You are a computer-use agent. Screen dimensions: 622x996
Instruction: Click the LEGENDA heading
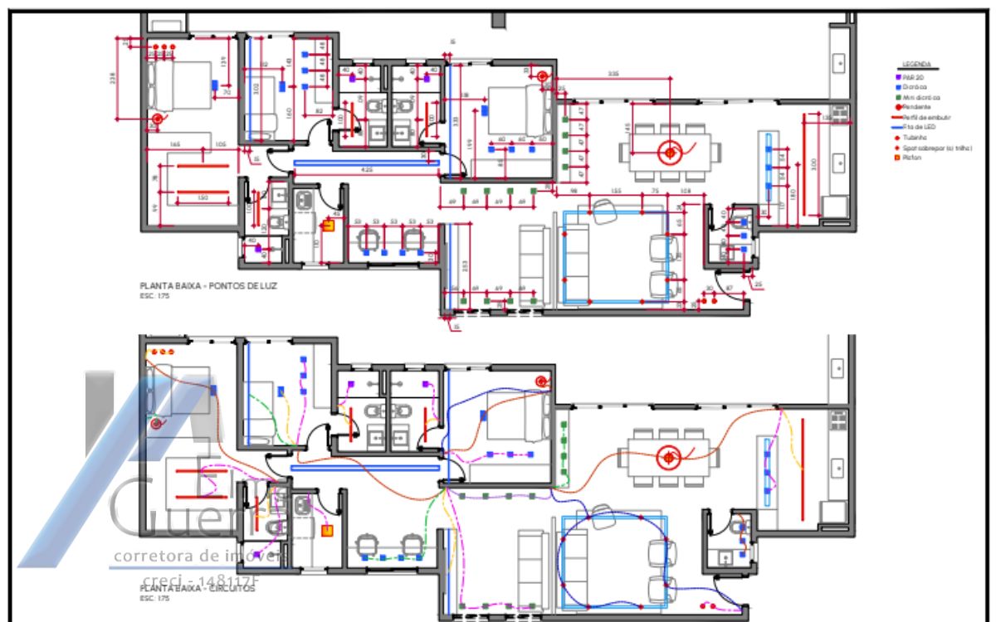[916, 64]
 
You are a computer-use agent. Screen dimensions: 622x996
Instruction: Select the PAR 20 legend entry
[915, 76]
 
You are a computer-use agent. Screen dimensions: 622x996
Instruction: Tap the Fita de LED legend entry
[921, 128]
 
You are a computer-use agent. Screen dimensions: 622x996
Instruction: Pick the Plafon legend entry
[915, 158]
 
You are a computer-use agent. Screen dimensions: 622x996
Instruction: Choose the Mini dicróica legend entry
[921, 97]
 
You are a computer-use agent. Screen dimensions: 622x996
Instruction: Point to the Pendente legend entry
[919, 107]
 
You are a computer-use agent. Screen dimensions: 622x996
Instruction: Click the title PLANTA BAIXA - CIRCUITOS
[198, 588]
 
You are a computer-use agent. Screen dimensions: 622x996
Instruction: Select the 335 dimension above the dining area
[613, 75]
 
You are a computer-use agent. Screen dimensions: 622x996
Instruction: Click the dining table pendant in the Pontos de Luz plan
[668, 152]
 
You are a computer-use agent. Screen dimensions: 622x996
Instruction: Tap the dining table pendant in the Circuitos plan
[668, 457]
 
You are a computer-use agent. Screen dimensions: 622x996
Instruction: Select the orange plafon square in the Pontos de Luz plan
[327, 222]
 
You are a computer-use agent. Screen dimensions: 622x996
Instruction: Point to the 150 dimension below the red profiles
[202, 198]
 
